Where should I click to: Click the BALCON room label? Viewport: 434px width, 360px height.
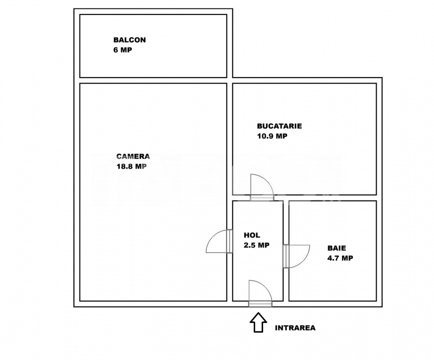(x=129, y=40)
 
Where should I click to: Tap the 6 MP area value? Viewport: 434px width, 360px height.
(x=123, y=50)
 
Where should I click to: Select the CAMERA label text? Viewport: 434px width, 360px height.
(x=133, y=156)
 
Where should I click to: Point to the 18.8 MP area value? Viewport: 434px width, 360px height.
(x=131, y=167)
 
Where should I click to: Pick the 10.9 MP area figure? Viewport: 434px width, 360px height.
(x=272, y=136)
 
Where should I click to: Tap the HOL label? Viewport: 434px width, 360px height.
(x=252, y=235)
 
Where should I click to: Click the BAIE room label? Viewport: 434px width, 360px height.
(x=337, y=247)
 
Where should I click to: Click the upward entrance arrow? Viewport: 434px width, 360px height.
(x=258, y=322)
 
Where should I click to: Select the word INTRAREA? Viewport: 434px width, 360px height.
(x=295, y=328)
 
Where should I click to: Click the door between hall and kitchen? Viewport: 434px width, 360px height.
(x=262, y=186)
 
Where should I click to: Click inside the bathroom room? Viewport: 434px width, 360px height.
(x=332, y=280)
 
